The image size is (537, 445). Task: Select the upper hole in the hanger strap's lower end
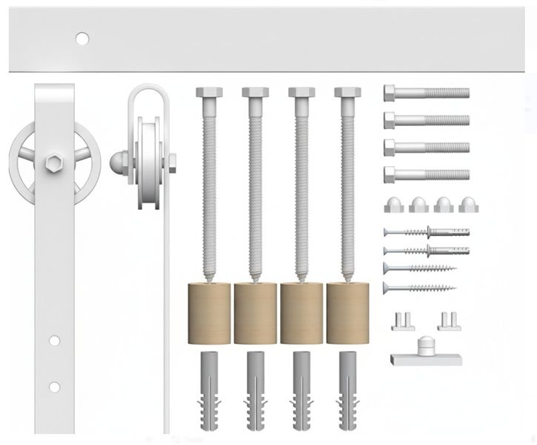(54, 341)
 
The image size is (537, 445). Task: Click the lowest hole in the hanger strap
(54, 387)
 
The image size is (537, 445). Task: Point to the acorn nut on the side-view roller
(118, 161)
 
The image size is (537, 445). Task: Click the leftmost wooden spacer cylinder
(209, 313)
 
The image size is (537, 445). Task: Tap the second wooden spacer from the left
(255, 313)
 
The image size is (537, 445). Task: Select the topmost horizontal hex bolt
(426, 93)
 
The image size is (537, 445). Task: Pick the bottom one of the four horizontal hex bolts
(426, 175)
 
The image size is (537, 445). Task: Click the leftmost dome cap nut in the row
(394, 205)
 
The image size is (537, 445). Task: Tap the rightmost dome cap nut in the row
(467, 205)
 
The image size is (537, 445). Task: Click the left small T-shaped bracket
(401, 321)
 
